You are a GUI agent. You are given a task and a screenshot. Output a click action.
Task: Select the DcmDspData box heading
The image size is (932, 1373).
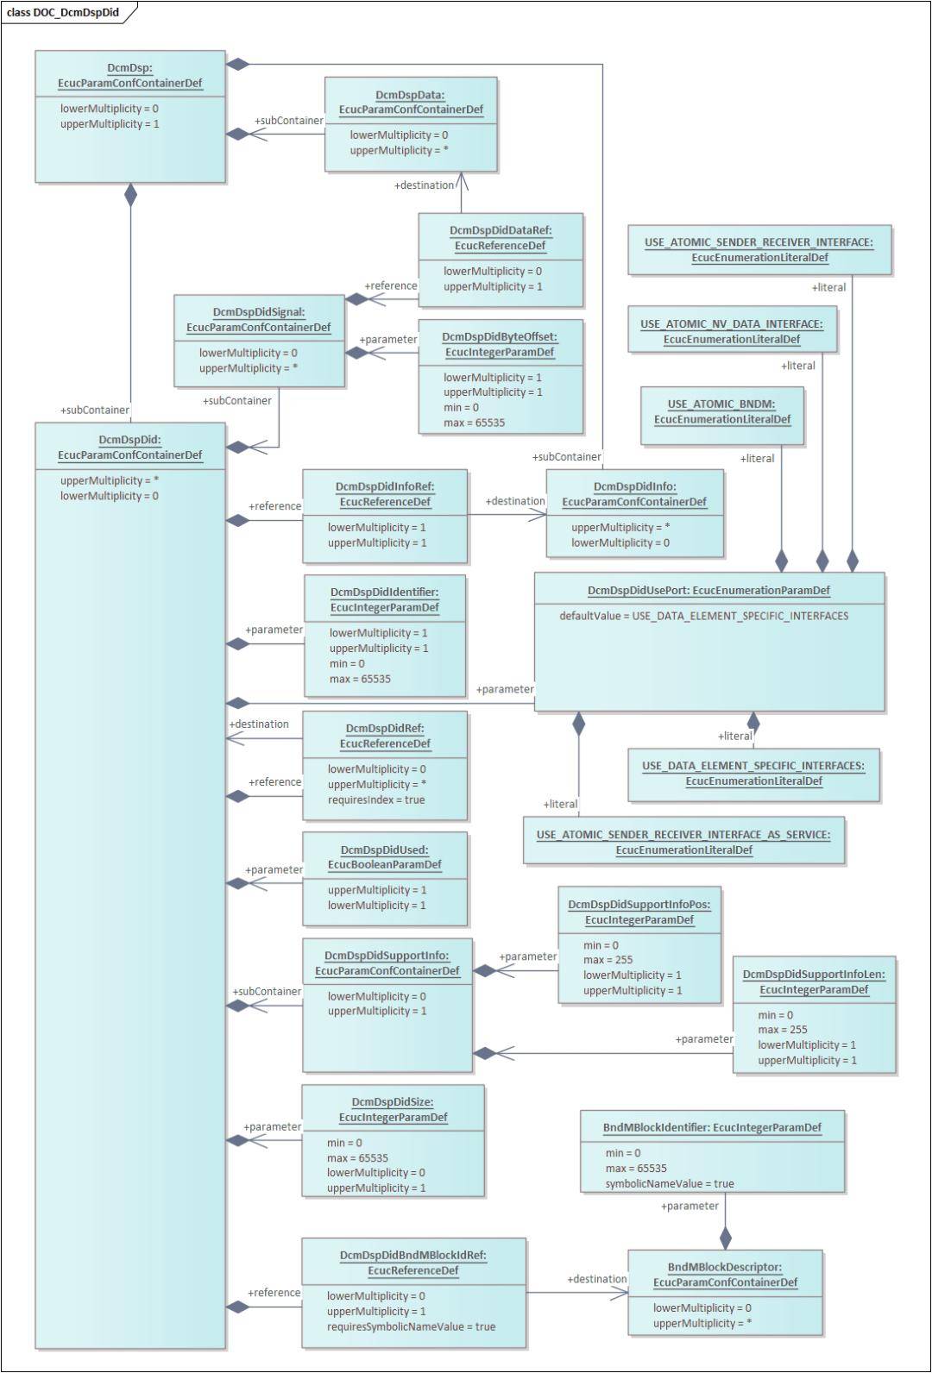[411, 102]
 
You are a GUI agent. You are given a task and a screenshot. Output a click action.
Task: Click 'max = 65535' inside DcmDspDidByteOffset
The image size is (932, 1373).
[474, 423]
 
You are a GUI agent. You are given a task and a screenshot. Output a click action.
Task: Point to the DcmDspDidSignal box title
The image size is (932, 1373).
[259, 319]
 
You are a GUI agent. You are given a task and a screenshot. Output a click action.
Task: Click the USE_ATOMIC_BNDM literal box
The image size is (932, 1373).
[721, 411]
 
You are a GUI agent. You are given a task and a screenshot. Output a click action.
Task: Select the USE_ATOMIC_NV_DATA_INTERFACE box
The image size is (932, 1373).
[732, 331]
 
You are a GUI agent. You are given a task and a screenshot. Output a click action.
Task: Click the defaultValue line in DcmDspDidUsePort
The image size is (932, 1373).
[703, 616]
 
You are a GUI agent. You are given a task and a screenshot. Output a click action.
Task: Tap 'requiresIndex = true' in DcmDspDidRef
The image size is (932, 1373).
[375, 799]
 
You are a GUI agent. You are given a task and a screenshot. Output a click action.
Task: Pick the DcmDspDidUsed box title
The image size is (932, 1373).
[384, 857]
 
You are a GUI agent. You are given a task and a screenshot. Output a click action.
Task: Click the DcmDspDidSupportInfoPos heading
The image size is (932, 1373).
[639, 912]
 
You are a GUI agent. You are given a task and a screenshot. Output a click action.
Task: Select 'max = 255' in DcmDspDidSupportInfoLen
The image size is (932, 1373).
[783, 1029]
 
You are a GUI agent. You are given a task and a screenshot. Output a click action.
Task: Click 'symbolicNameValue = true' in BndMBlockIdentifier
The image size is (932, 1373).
[669, 1183]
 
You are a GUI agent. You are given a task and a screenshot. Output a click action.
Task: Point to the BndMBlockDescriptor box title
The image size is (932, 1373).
[725, 1275]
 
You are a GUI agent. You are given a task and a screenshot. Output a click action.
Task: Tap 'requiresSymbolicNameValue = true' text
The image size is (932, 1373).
[411, 1326]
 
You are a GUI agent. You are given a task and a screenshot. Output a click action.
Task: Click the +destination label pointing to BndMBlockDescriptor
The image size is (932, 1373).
[596, 1279]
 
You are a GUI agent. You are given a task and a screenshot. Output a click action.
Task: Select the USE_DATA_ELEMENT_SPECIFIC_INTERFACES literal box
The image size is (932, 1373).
[753, 773]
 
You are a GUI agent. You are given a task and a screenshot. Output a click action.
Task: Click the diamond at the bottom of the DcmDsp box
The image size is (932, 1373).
[130, 195]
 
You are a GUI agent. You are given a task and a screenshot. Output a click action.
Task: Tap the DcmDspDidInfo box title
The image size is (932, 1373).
[634, 494]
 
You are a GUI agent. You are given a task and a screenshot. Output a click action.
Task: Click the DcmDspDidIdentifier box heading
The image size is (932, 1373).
[384, 599]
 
